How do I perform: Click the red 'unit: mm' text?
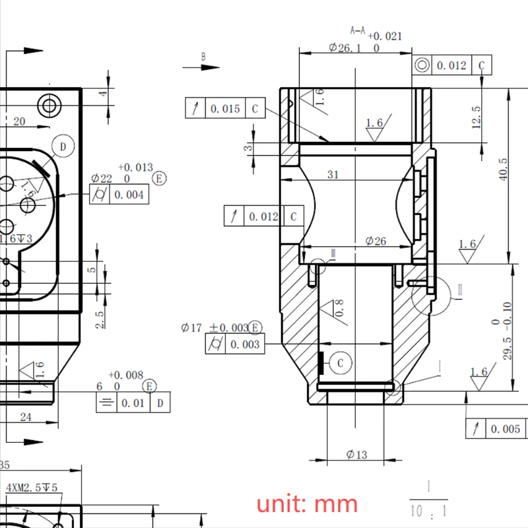(x=307, y=504)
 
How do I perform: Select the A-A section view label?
(x=357, y=30)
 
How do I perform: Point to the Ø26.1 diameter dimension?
(x=345, y=48)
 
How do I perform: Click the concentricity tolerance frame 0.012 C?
(x=452, y=65)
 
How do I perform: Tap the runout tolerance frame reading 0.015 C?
(x=225, y=109)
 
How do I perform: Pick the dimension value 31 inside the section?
(x=333, y=174)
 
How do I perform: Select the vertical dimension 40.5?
(x=503, y=170)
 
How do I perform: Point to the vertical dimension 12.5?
(x=477, y=117)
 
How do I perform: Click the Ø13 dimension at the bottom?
(x=356, y=454)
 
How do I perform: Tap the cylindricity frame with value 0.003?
(x=234, y=344)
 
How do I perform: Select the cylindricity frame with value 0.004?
(x=119, y=195)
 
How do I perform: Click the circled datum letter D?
(x=63, y=147)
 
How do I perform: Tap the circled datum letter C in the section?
(x=341, y=362)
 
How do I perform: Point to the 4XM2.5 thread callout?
(x=32, y=488)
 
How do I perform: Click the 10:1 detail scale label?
(x=428, y=510)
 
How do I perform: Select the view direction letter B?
(x=204, y=57)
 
